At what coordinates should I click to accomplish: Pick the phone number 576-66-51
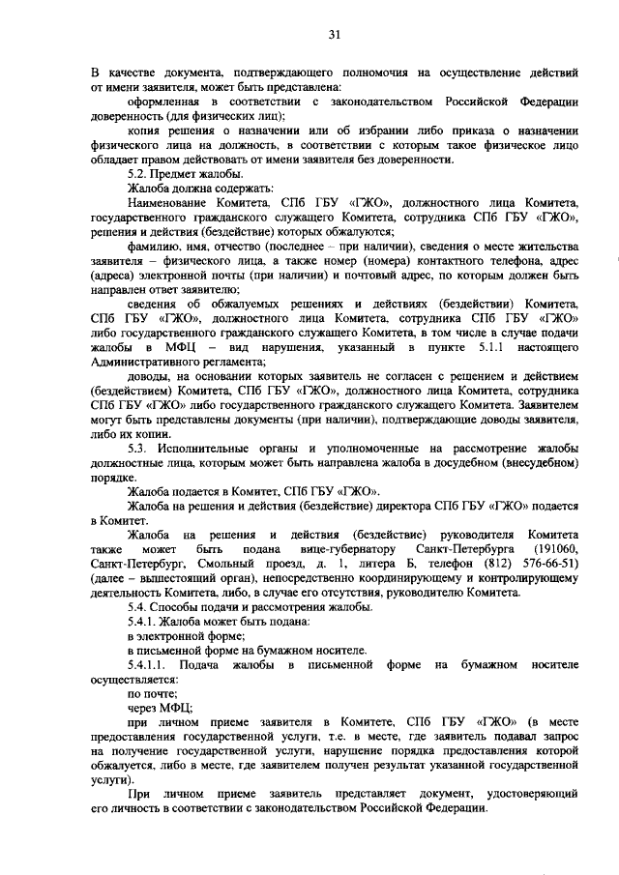tap(551, 563)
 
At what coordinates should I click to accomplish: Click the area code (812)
tap(483, 563)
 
